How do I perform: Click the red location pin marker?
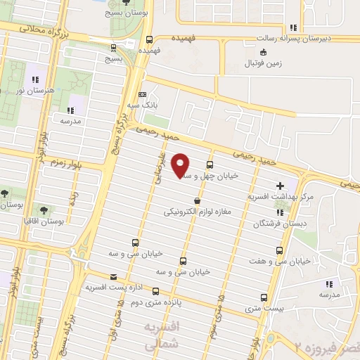click(x=181, y=165)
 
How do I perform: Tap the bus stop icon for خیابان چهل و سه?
click(x=209, y=165)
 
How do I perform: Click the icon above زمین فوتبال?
click(x=263, y=52)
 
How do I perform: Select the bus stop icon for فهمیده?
click(x=148, y=40)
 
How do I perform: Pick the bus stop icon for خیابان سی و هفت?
click(x=281, y=250)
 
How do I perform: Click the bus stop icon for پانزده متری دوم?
click(x=155, y=291)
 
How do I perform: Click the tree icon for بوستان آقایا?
click(x=44, y=210)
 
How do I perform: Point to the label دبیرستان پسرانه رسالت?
click(x=307, y=39)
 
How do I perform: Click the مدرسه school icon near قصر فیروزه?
click(x=328, y=284)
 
